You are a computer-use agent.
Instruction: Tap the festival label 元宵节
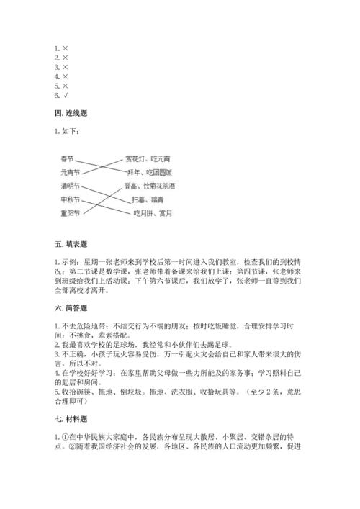tap(70, 173)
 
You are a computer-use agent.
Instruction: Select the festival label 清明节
tap(70, 186)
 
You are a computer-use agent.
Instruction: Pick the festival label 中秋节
tap(70, 199)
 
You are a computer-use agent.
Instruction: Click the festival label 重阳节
tap(70, 213)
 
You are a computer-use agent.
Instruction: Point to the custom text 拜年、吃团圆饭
tap(151, 173)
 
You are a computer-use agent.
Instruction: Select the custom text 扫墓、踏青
tap(143, 199)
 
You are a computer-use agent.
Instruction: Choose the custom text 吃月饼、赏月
tap(153, 213)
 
